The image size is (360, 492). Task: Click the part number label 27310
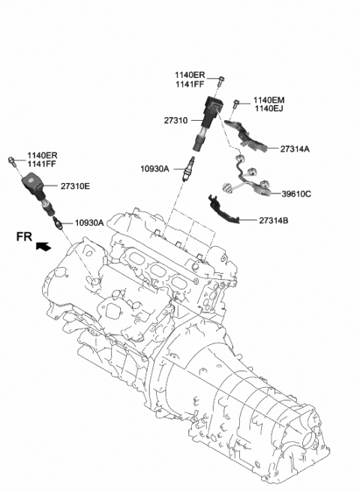[x=178, y=120]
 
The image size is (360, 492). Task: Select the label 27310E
[x=76, y=186]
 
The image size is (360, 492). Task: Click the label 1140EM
[x=269, y=100]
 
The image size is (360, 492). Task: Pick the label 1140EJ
[x=268, y=109]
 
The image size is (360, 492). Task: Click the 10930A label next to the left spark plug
[x=90, y=223]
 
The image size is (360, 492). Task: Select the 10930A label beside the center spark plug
[x=155, y=169]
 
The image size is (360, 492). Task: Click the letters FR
[x=24, y=237]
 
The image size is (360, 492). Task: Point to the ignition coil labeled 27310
[x=211, y=113]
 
